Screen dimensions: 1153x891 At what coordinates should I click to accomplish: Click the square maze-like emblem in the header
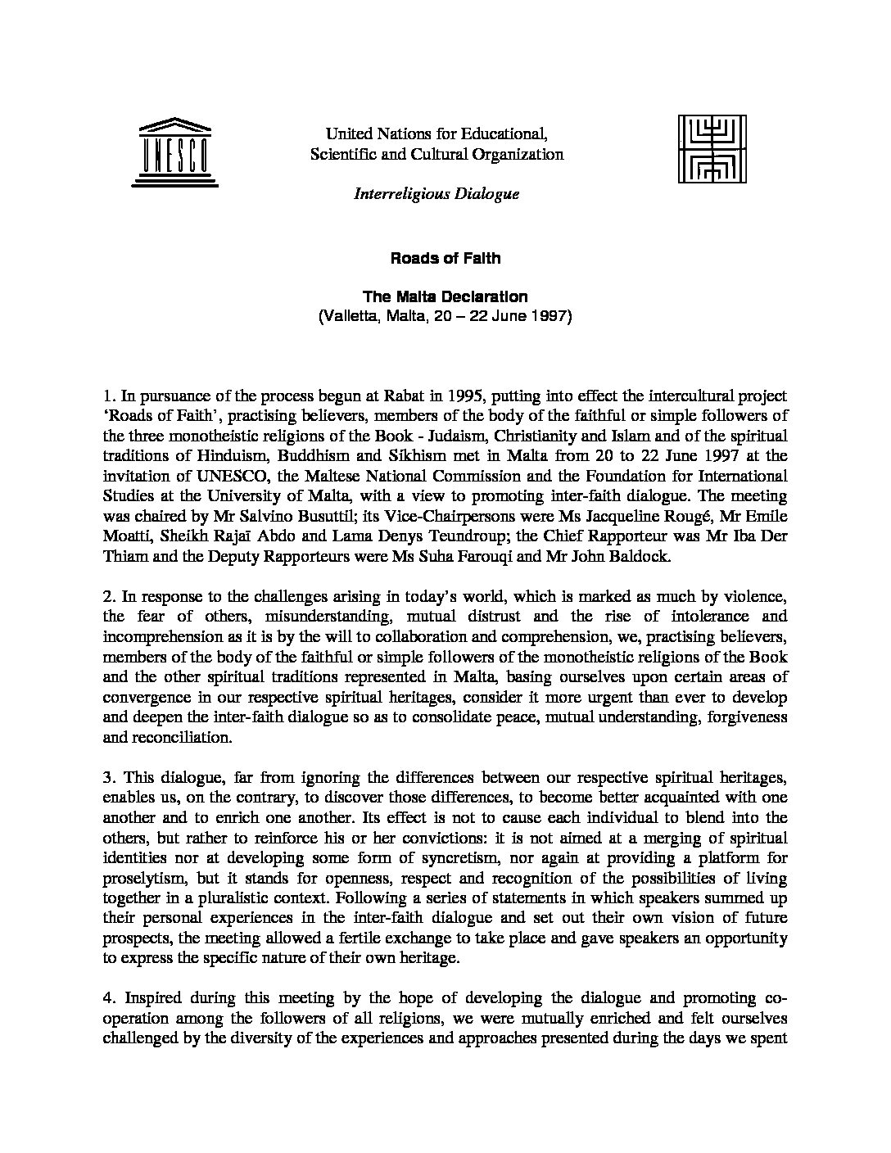(712, 147)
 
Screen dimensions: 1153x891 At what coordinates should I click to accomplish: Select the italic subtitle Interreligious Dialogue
(436, 194)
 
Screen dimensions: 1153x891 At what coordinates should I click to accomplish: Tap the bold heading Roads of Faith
(445, 258)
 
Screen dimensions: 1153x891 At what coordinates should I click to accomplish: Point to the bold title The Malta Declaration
(445, 296)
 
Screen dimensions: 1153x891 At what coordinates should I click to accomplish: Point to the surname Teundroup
(464, 535)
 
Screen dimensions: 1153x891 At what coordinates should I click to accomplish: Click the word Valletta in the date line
(349, 316)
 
